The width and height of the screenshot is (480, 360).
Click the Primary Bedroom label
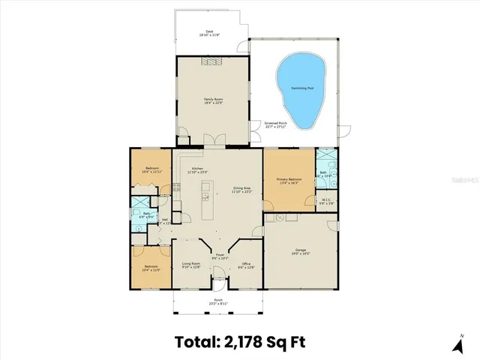pyautogui.click(x=289, y=180)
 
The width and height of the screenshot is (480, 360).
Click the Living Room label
pyautogui.click(x=191, y=265)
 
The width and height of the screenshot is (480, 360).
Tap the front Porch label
pyautogui.click(x=217, y=301)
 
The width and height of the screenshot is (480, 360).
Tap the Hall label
pyautogui.click(x=165, y=220)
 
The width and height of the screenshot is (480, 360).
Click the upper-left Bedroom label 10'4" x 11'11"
pyautogui.click(x=151, y=169)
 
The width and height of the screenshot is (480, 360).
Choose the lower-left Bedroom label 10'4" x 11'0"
pyautogui.click(x=152, y=268)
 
